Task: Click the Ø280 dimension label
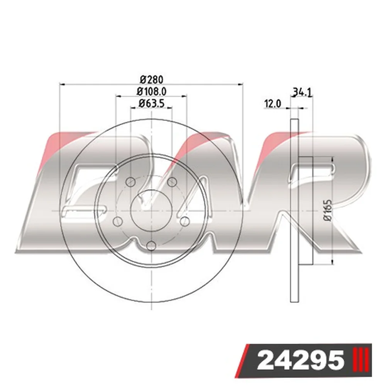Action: pyautogui.click(x=152, y=80)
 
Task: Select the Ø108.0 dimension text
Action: pyautogui.click(x=152, y=91)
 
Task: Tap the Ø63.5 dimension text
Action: pyautogui.click(x=152, y=103)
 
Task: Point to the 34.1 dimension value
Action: pyautogui.click(x=302, y=93)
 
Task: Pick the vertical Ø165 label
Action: pyautogui.click(x=328, y=210)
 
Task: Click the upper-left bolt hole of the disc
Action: pyautogui.click(x=130, y=182)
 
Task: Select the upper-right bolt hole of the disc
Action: pyautogui.click(x=172, y=182)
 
